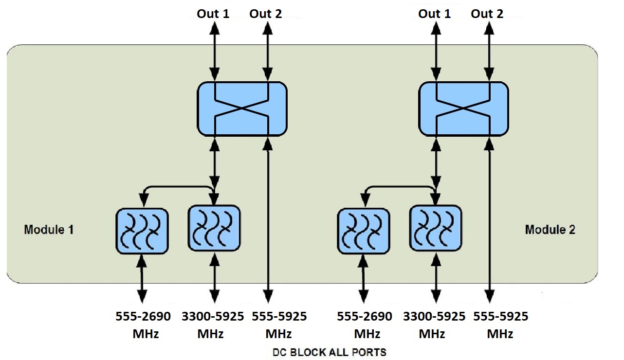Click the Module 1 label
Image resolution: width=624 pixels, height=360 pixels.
point(49,229)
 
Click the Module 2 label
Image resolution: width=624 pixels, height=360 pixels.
point(550,229)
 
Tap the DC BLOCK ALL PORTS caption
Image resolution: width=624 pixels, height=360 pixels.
point(329,352)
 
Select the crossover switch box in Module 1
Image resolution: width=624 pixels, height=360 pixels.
point(242,108)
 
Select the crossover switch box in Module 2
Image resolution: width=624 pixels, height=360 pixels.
point(464,108)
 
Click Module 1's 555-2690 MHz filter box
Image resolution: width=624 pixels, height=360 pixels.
point(142,231)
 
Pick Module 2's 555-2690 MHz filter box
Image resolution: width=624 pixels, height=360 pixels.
point(364,231)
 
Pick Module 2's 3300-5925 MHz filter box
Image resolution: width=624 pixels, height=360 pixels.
point(436,228)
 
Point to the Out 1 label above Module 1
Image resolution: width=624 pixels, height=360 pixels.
point(213,14)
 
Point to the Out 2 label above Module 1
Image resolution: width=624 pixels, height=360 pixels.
point(266,14)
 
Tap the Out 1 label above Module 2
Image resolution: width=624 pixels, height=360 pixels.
point(434,14)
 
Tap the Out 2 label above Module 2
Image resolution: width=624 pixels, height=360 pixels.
point(487,14)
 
